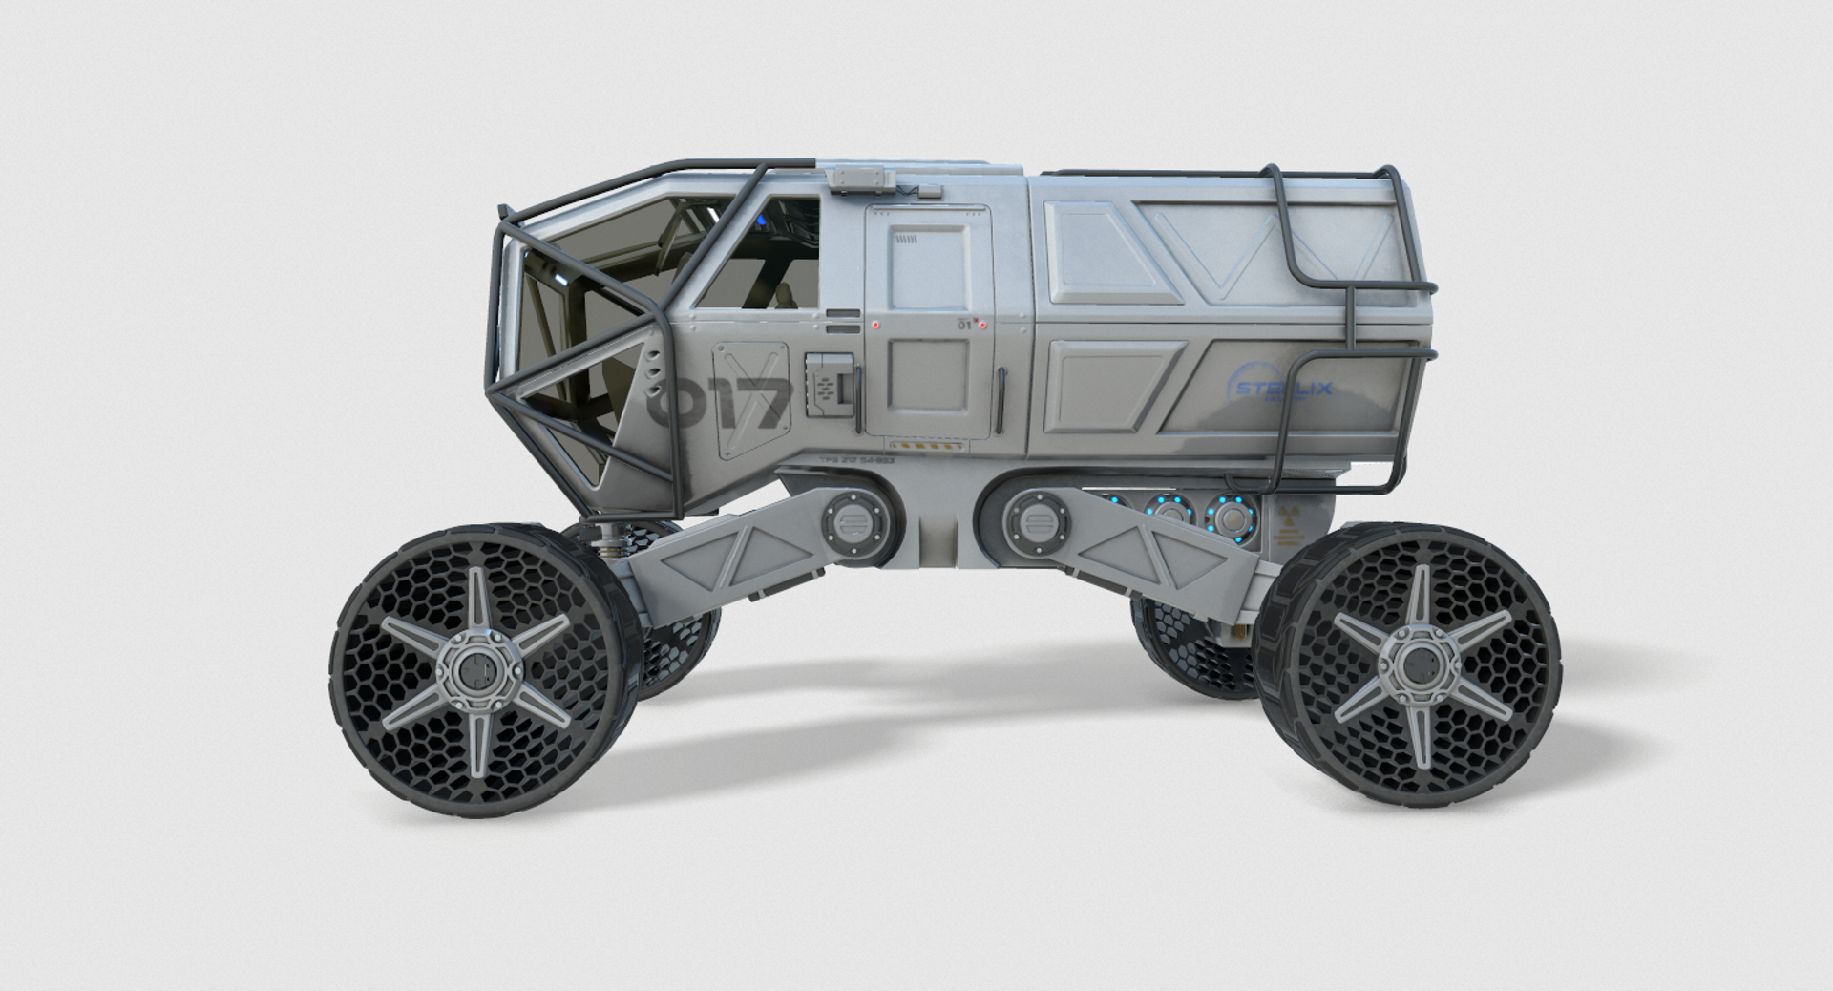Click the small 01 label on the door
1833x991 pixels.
pos(963,326)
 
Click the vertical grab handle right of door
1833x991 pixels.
pos(1001,401)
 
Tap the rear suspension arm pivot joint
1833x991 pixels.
pos(1031,523)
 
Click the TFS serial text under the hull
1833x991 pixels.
pos(855,460)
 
